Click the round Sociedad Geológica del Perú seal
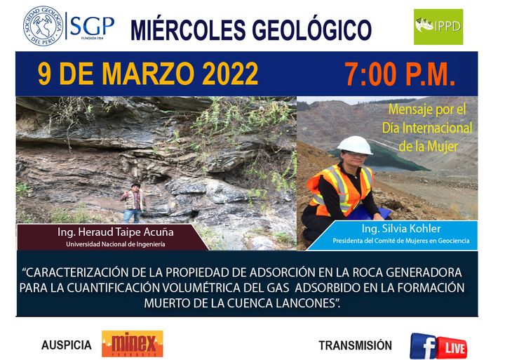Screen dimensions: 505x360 43,26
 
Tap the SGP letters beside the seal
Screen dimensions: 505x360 92,26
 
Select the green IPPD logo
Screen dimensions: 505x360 438,27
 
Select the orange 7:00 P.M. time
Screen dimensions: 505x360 400,74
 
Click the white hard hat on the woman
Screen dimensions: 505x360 355,145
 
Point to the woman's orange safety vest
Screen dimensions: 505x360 341,189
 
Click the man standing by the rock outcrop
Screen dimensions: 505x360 133,203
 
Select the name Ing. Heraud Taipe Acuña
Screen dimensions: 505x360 116,232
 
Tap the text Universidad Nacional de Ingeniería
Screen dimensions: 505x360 116,244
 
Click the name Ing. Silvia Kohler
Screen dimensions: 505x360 401,229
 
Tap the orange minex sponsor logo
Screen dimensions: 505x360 133,344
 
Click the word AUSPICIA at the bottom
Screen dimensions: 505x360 67,345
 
